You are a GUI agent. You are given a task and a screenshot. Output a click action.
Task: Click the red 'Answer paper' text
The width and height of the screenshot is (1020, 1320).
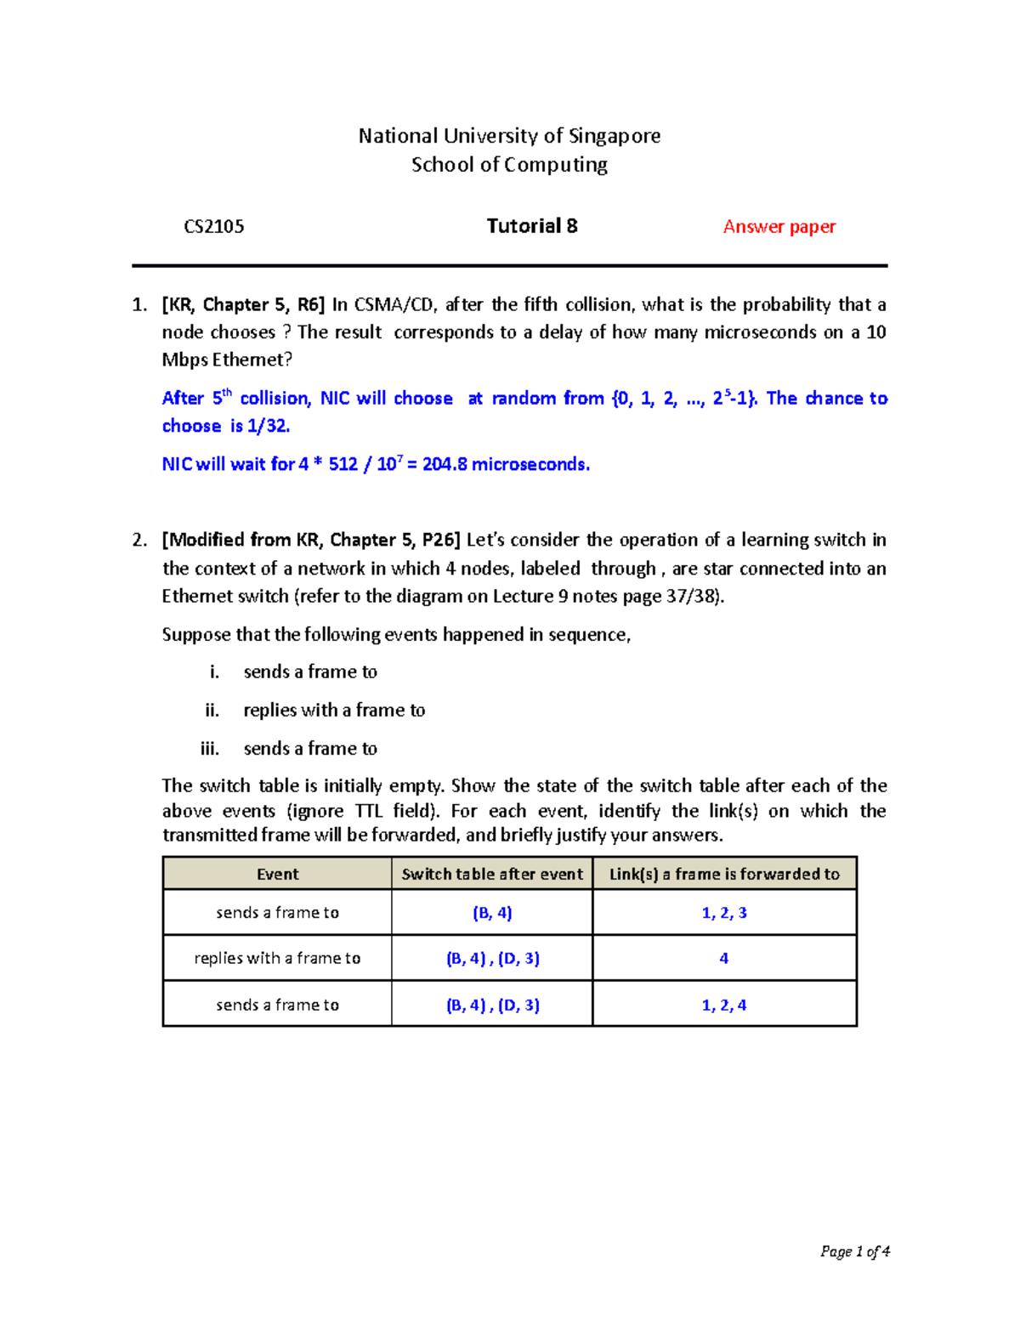779,227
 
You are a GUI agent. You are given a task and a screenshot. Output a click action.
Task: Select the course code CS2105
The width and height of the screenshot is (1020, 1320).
214,227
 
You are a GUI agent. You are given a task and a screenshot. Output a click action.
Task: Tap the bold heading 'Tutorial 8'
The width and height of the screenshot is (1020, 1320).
532,226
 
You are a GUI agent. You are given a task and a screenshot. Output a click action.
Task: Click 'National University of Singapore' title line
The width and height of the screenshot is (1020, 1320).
509,136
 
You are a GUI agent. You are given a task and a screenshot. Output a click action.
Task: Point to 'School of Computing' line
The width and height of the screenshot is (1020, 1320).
509,165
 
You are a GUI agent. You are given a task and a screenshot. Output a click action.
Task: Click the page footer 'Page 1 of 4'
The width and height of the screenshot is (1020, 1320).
854,1251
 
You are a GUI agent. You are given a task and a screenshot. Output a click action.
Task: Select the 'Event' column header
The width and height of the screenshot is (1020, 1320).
277,874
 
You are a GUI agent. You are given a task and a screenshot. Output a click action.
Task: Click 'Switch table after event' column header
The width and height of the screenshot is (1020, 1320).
492,874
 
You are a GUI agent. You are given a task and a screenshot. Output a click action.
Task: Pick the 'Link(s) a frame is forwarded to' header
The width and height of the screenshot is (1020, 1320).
724,874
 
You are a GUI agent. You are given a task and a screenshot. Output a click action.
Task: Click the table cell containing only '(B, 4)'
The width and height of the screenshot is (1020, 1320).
492,913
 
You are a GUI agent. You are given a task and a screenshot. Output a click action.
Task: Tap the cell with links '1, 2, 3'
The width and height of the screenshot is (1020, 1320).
724,913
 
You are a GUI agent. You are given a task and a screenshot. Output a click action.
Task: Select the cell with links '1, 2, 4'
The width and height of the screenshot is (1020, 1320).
724,1005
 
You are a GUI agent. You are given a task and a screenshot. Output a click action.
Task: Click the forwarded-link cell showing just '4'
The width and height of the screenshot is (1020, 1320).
724,959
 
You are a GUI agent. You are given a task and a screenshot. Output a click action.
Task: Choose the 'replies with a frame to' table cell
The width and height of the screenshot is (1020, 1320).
277,959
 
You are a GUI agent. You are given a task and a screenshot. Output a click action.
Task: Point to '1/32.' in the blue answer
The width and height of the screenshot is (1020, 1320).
269,427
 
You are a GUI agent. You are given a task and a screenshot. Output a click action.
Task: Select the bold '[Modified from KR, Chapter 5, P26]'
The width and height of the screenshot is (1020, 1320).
311,541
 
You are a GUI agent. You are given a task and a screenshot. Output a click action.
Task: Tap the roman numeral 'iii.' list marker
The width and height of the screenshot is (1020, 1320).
209,749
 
